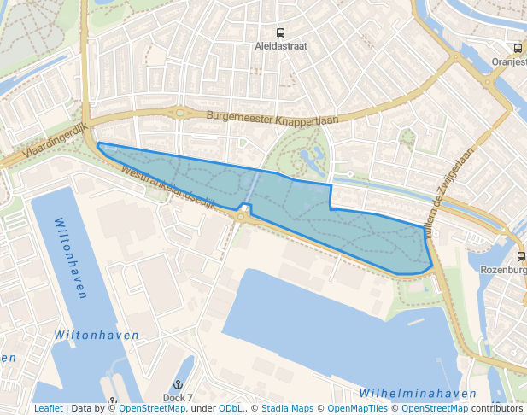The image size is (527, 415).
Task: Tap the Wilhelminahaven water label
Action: tap(418, 394)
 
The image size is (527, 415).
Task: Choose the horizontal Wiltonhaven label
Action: tap(96, 336)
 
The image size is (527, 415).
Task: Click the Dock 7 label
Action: tap(178, 398)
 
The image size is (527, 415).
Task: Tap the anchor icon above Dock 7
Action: tap(178, 386)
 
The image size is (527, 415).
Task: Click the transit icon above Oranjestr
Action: tap(518, 49)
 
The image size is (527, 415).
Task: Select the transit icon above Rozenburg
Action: tap(521, 256)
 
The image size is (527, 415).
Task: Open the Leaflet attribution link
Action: tap(48, 409)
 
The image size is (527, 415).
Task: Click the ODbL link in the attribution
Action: tap(231, 409)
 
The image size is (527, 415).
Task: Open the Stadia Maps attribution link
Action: tap(287, 409)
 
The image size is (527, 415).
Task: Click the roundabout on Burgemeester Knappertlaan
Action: tap(180, 112)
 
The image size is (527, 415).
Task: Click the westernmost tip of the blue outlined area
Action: tap(98, 144)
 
